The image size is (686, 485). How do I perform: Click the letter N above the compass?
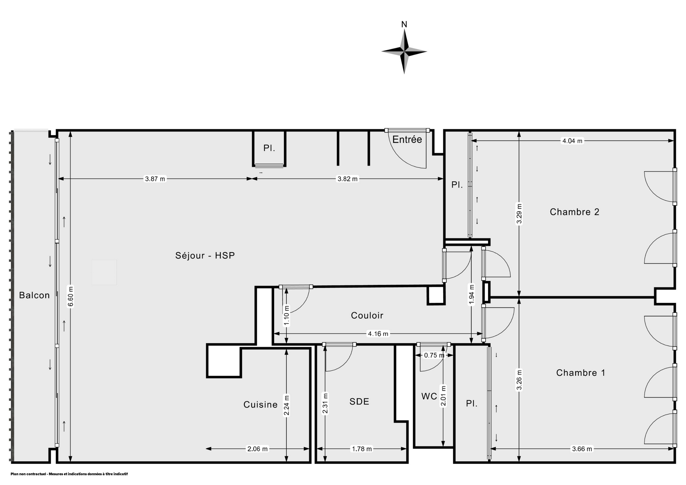(x=404, y=24)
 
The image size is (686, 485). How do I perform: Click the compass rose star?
(x=404, y=52)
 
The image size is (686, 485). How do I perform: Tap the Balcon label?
(x=34, y=295)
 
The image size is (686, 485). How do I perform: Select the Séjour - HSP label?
(x=205, y=256)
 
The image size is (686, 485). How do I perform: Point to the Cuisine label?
(x=260, y=405)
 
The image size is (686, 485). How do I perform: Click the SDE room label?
(x=359, y=401)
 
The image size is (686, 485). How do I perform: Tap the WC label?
(x=429, y=396)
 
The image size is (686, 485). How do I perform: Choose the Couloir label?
(x=367, y=315)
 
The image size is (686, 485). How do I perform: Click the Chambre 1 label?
(x=581, y=373)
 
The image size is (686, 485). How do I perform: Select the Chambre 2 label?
(x=575, y=212)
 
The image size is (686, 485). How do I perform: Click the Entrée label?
(x=407, y=140)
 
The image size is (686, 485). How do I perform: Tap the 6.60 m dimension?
(x=71, y=296)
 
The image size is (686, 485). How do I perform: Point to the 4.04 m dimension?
(x=572, y=141)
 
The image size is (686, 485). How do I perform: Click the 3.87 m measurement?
(x=155, y=179)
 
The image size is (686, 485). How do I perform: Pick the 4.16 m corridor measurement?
(x=378, y=334)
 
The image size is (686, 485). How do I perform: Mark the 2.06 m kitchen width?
(x=258, y=449)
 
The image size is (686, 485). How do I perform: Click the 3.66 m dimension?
(x=582, y=449)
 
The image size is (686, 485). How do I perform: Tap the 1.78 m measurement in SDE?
(x=362, y=449)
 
